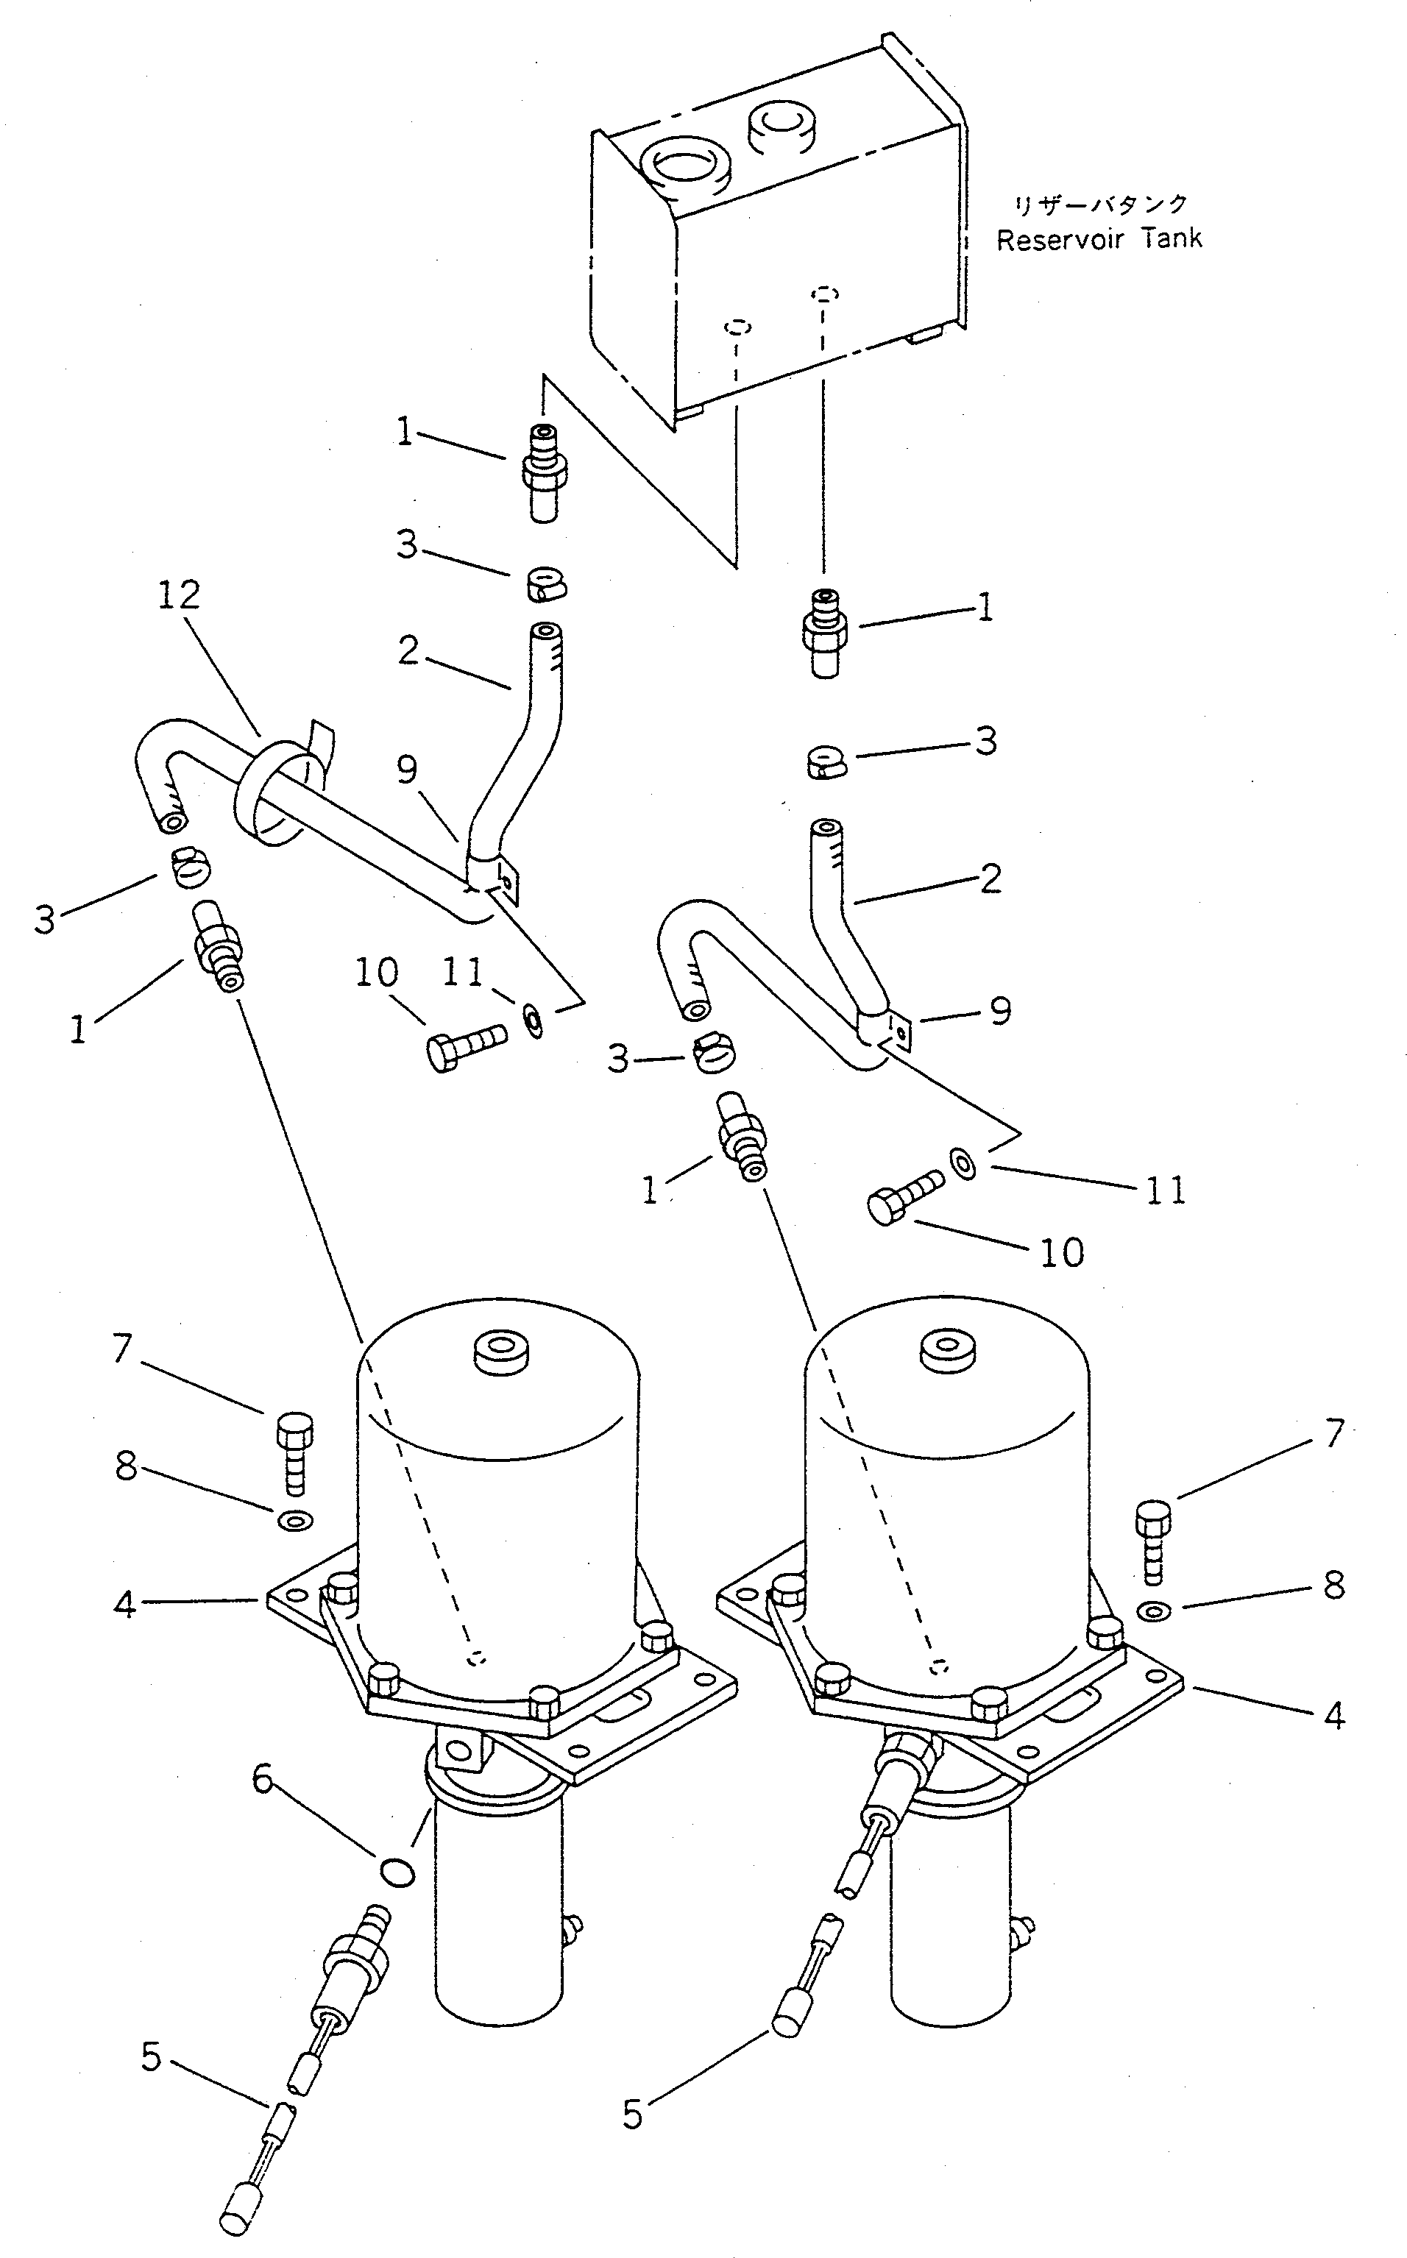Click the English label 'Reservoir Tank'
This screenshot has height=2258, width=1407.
tap(1098, 240)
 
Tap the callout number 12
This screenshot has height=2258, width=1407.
tap(179, 595)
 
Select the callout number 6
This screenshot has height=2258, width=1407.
tap(263, 1779)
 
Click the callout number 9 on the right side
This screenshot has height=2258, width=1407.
tap(1000, 1010)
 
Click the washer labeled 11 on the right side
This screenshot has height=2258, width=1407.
tap(964, 1164)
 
